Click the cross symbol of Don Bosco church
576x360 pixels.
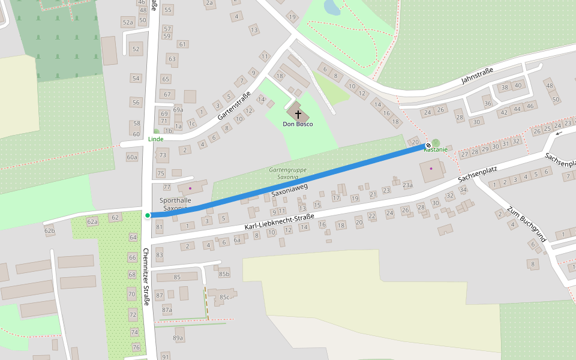click(x=298, y=113)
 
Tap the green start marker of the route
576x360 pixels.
click(x=148, y=215)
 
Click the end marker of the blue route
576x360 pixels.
click(x=428, y=145)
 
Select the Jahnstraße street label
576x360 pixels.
click(x=477, y=76)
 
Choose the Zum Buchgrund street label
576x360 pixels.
click(x=527, y=224)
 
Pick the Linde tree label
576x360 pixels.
click(x=155, y=139)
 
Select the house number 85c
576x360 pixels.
click(x=224, y=297)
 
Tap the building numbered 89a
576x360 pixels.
click(x=178, y=338)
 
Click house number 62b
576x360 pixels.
click(x=49, y=230)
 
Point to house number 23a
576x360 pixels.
click(x=407, y=185)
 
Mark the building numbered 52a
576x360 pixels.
click(x=127, y=23)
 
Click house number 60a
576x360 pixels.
click(x=132, y=157)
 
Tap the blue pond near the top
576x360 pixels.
click(x=331, y=7)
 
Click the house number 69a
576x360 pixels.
click(x=178, y=110)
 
